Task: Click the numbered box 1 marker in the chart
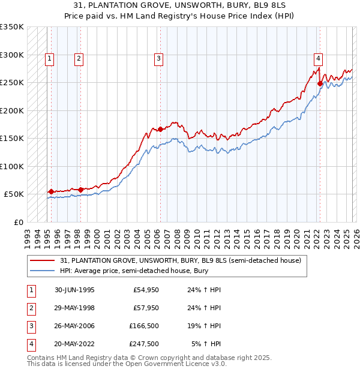[x=49, y=58]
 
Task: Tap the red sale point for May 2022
[x=320, y=84]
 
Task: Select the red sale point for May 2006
[x=161, y=129]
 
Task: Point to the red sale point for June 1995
[x=51, y=191]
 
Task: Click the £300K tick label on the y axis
[x=12, y=55]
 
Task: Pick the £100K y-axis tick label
[x=12, y=166]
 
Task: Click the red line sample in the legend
[x=43, y=260]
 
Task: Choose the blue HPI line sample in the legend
[x=43, y=271]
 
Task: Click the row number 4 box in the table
[x=30, y=344]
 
